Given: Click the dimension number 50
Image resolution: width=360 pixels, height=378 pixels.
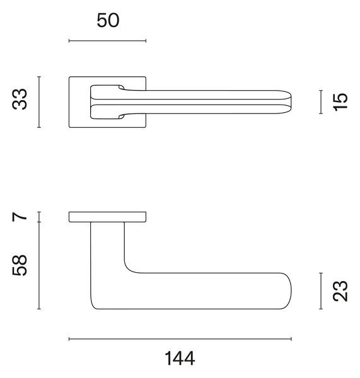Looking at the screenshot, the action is (x=108, y=20).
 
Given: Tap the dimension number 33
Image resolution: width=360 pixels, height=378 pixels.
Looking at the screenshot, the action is (x=20, y=99).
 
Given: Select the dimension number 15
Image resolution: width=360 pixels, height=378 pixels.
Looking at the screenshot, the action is (x=340, y=101).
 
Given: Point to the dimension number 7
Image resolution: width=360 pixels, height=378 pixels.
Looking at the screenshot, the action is (x=20, y=217).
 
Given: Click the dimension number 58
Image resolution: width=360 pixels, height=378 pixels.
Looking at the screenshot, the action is (x=20, y=265).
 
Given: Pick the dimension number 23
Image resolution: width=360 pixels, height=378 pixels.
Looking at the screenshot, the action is (x=340, y=290).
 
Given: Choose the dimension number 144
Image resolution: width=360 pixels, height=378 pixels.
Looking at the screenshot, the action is (x=180, y=358).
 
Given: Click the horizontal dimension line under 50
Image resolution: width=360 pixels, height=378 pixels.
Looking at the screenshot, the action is (x=107, y=41).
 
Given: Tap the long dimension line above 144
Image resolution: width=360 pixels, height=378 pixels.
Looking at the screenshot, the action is (x=180, y=339).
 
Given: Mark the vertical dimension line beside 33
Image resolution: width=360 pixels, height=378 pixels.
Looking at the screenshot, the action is (x=39, y=102).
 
